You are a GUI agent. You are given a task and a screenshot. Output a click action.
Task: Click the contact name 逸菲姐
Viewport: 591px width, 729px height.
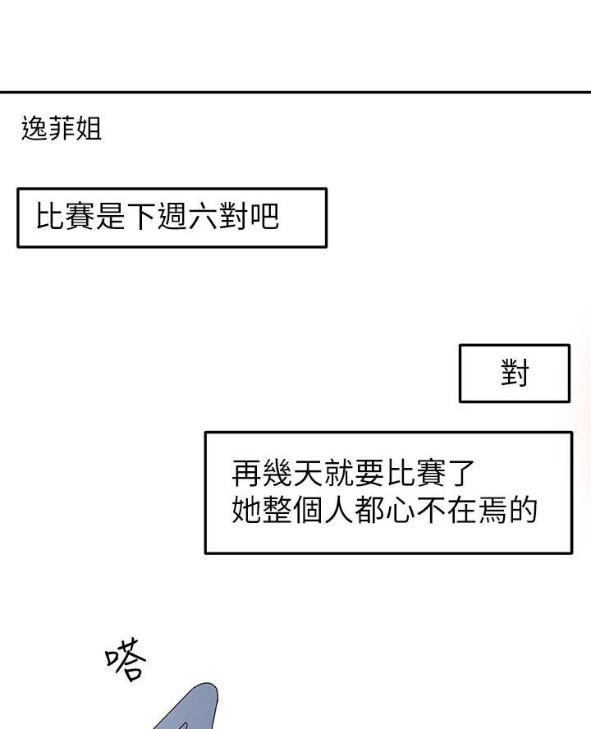coord(62,128)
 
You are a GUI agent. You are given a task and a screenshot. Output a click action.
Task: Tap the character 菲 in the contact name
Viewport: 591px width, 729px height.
coord(62,128)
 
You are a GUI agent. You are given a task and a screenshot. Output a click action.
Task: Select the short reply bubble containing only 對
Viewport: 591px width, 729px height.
coord(515,373)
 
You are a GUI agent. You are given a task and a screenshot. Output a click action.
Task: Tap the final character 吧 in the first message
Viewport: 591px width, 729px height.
coord(264,216)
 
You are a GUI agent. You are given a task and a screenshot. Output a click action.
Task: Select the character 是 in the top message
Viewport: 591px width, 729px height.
coord(111,216)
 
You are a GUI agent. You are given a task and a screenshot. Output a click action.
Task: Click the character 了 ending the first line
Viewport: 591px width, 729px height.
coord(461,472)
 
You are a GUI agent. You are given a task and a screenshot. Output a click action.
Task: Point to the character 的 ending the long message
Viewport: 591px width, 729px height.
coord(523,510)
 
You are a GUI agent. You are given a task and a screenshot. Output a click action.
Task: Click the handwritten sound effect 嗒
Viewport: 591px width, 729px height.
coord(126,658)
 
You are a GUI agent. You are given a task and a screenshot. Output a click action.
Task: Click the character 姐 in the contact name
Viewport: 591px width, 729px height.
coord(89,128)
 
